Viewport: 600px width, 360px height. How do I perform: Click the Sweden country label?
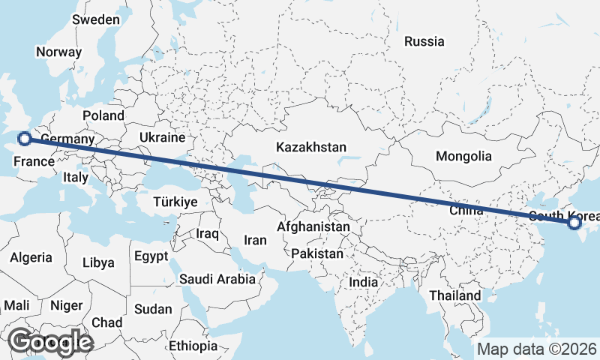point(95,19)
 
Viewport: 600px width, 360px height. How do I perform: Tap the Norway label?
point(58,52)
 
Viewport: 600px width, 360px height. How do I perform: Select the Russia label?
point(424,42)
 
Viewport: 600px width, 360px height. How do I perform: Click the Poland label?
point(103,115)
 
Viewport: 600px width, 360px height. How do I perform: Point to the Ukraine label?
point(161,138)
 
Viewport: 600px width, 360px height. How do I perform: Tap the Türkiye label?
point(174,202)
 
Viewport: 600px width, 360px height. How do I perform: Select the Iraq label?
point(207,234)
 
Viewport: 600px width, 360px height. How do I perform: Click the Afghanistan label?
point(313,226)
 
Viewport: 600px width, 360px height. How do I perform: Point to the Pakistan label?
point(317,253)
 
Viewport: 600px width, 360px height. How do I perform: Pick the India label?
point(364,282)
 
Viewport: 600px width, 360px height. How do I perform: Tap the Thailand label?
point(455,295)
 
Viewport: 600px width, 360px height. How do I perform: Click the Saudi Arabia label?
point(217,279)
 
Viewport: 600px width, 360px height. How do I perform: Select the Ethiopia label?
point(193,346)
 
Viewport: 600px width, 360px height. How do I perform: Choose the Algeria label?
point(31,257)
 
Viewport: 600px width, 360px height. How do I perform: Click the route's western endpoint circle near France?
point(24,138)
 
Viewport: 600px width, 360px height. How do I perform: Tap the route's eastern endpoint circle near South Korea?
point(574,223)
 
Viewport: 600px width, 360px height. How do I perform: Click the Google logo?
point(51,342)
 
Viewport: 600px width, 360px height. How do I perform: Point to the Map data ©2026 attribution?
point(536,349)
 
